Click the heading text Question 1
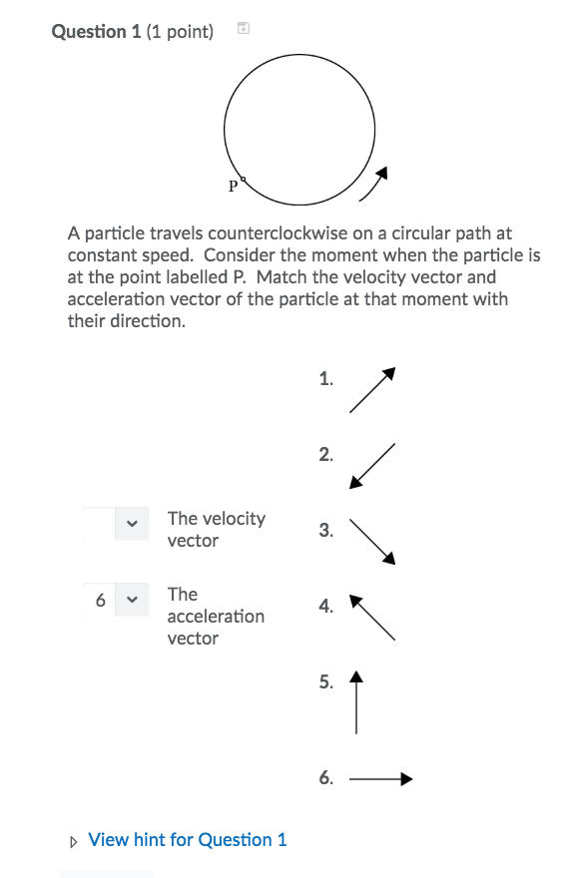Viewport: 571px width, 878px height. coord(96,32)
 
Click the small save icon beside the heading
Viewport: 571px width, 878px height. coord(243,30)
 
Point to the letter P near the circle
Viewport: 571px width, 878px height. coord(233,186)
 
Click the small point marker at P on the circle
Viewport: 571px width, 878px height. coord(243,181)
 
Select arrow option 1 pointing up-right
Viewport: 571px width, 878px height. coord(373,389)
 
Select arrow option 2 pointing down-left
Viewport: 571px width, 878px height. coord(372,466)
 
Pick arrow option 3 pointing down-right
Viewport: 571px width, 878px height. coord(373,542)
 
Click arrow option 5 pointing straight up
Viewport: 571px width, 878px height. coord(356,702)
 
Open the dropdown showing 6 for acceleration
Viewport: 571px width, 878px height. coord(116,600)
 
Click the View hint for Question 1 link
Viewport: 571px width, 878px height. coord(187,840)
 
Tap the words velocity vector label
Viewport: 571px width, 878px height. coord(216,529)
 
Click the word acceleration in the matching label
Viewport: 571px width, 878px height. coord(216,617)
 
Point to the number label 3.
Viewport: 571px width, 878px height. coord(325,531)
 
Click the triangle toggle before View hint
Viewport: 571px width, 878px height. coord(74,841)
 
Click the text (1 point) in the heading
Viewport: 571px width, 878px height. coord(180,32)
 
